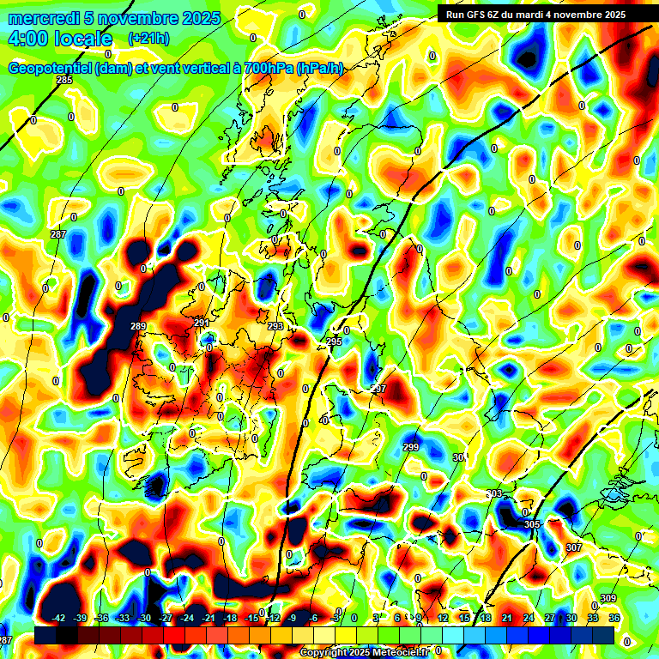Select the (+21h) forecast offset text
(148, 39)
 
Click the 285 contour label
(64, 80)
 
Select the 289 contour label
(138, 326)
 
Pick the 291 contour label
(202, 323)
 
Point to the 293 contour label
(275, 327)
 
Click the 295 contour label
(334, 342)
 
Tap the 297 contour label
(378, 389)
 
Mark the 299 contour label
(411, 447)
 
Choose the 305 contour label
(532, 524)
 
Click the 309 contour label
(608, 598)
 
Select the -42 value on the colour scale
(59, 618)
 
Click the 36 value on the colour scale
(614, 618)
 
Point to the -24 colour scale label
(187, 618)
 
